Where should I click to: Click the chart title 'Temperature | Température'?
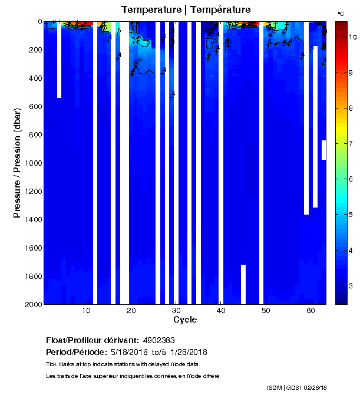pos(186,9)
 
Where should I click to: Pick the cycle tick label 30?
pos(176,311)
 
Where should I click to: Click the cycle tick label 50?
pos(266,311)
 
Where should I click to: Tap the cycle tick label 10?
pos(86,311)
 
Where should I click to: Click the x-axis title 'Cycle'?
pos(185,320)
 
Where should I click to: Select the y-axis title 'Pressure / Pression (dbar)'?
pos(17,163)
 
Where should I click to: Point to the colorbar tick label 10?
pos(352,37)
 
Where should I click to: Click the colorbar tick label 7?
pos(351,144)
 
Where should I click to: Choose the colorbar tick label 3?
pos(351,286)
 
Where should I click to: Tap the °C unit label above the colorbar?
pos(341,13)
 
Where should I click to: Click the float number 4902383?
pos(158,341)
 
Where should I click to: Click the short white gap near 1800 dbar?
pos(243,284)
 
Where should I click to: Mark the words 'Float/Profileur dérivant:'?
pos(93,341)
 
